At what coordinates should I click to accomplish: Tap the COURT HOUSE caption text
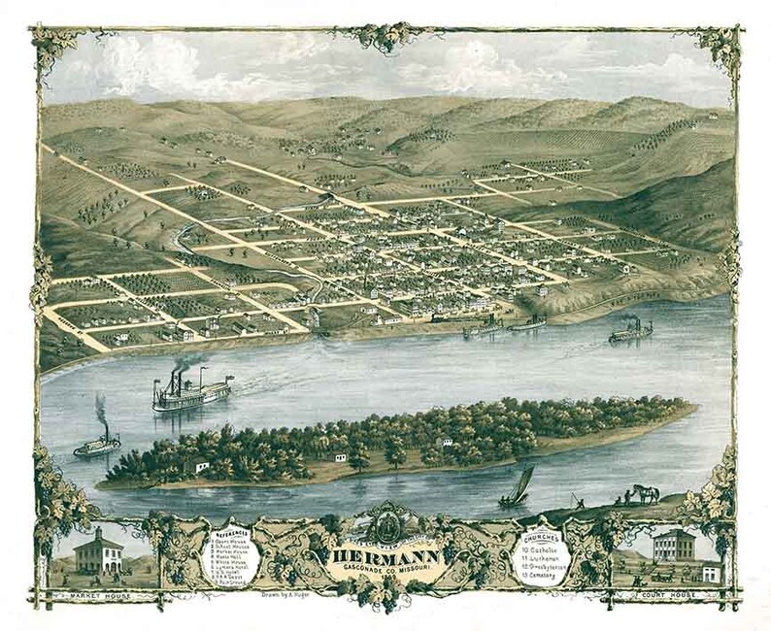click(671, 592)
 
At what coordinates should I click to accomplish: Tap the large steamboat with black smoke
click(190, 390)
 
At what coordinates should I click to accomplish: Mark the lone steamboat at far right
click(631, 332)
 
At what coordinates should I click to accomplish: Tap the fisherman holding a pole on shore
click(575, 501)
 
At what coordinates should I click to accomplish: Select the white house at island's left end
click(201, 467)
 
